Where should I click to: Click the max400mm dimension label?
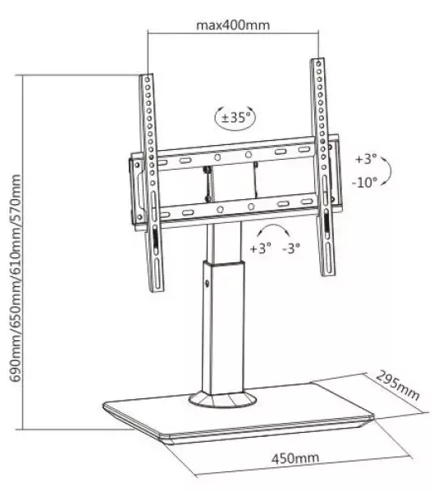pyautogui.click(x=233, y=25)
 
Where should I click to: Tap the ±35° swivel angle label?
pyautogui.click(x=236, y=118)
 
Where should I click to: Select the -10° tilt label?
pyautogui.click(x=364, y=182)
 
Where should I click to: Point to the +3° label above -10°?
pyautogui.click(x=365, y=159)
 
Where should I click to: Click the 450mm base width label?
pyautogui.click(x=295, y=458)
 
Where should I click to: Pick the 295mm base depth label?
pyautogui.click(x=397, y=385)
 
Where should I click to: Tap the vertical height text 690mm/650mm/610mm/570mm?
pyautogui.click(x=16, y=278)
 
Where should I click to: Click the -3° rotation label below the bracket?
pyautogui.click(x=291, y=248)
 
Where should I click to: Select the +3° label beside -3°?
pyautogui.click(x=260, y=248)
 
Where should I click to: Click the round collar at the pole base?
pyautogui.click(x=222, y=398)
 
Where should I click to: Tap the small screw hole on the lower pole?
pyautogui.click(x=207, y=284)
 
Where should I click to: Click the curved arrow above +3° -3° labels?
pyautogui.click(x=273, y=228)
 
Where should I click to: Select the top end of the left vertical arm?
pyautogui.click(x=146, y=75)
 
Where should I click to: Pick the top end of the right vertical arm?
pyautogui.click(x=317, y=59)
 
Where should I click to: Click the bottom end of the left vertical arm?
pyautogui.click(x=158, y=290)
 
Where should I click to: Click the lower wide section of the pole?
pyautogui.click(x=223, y=327)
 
